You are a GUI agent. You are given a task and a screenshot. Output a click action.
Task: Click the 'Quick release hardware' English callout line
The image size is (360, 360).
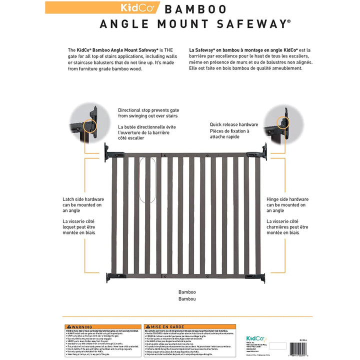(x=233, y=124)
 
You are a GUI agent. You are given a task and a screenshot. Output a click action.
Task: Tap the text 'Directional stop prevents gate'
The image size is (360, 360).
(x=148, y=110)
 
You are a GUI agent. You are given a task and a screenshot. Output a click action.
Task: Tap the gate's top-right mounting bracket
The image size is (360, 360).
(x=262, y=149)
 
